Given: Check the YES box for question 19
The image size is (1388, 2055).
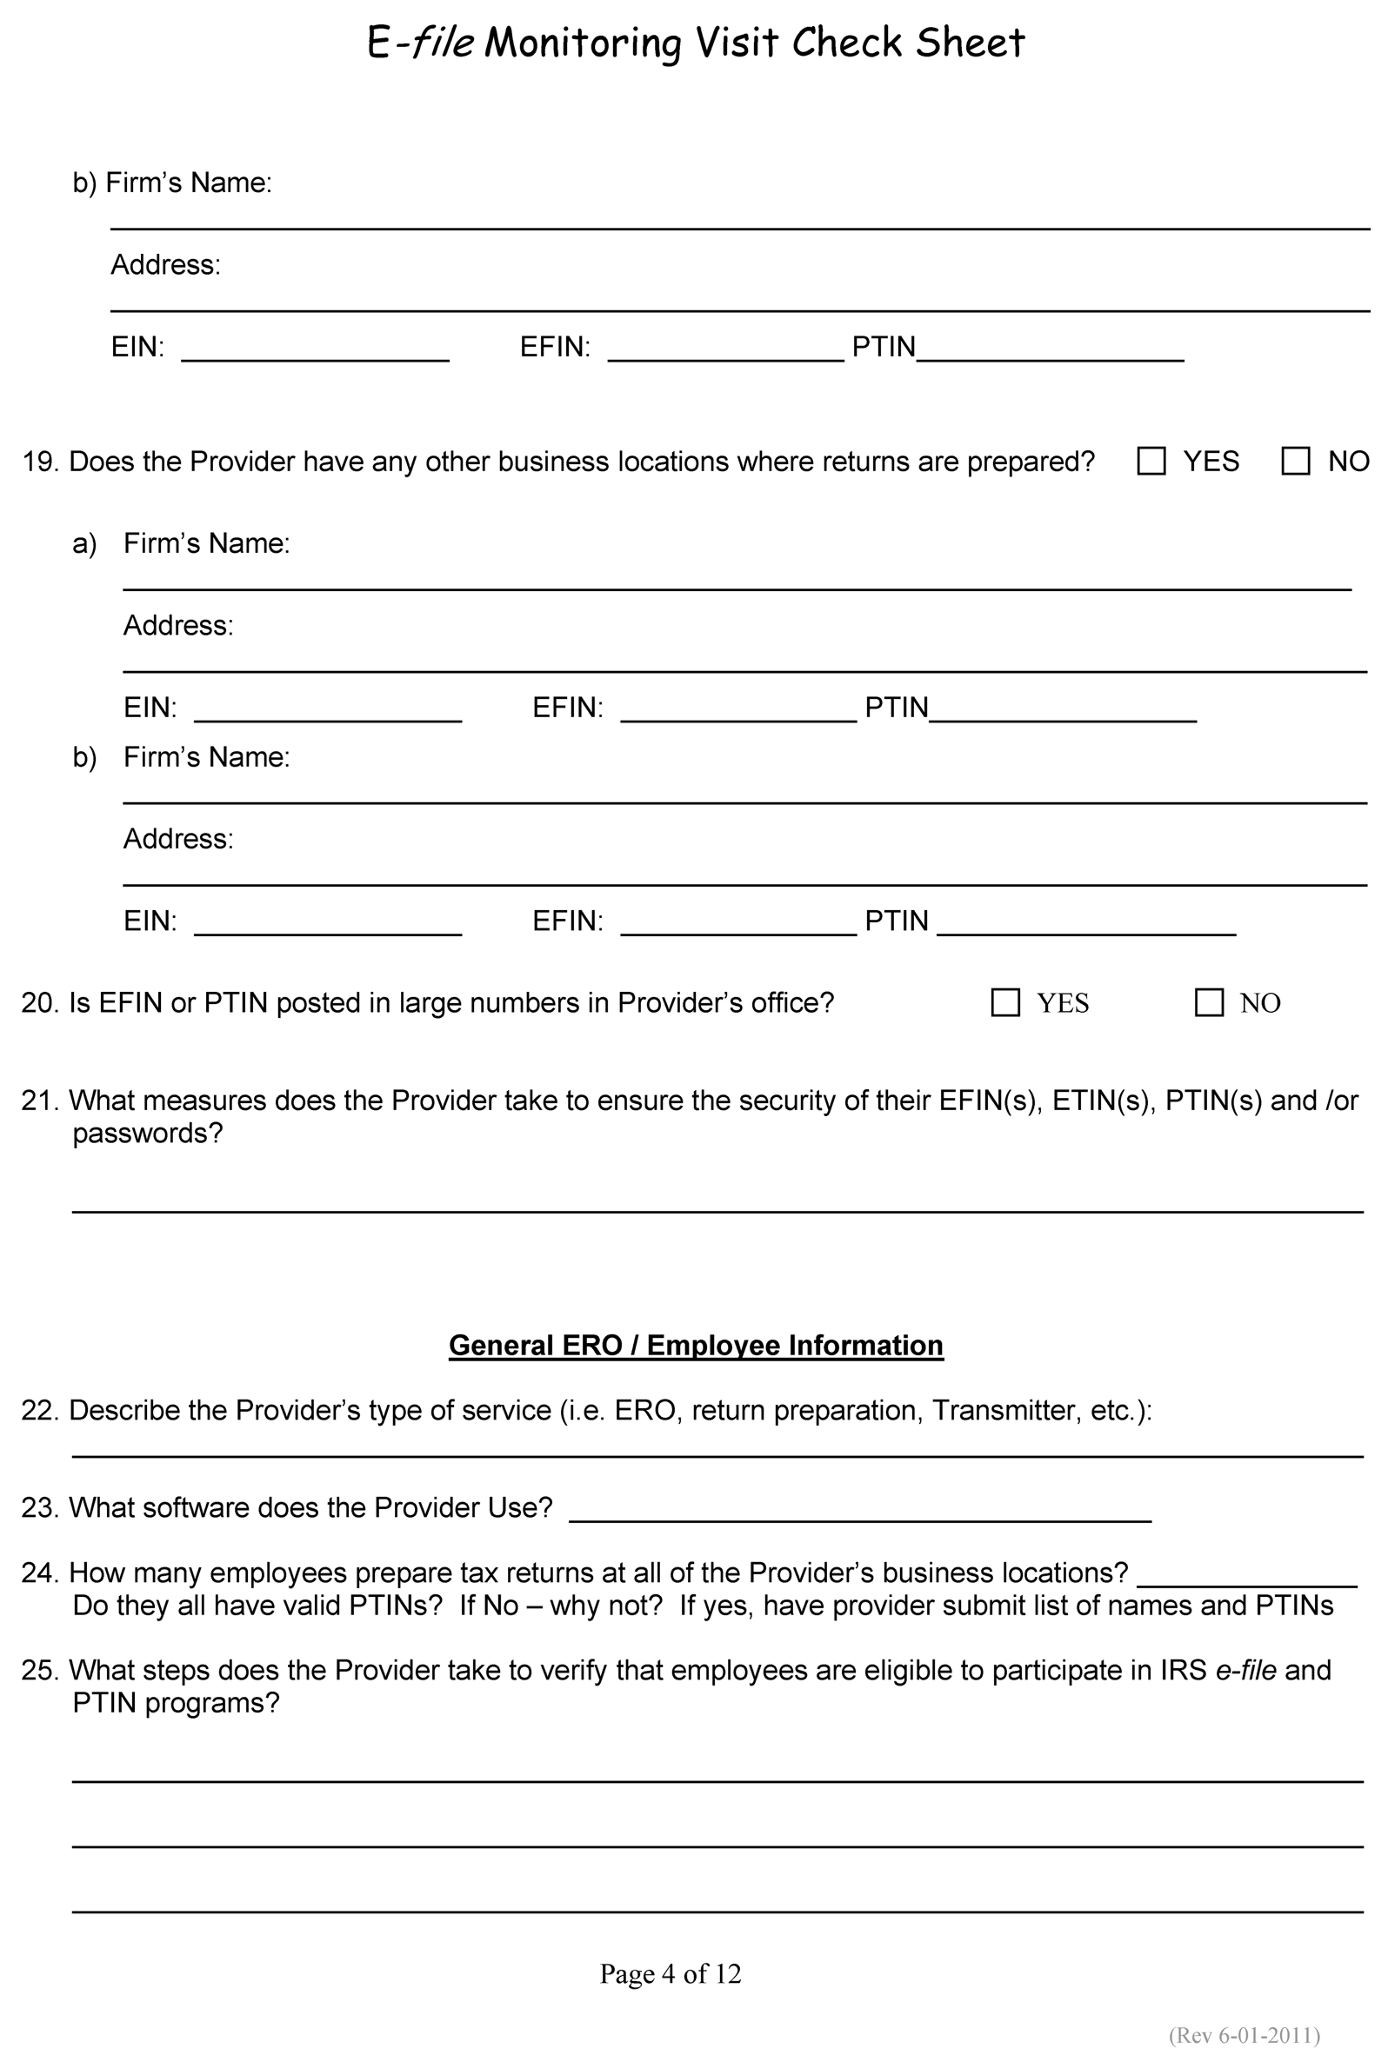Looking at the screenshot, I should point(1150,461).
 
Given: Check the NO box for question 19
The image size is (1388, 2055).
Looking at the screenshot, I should point(1295,461).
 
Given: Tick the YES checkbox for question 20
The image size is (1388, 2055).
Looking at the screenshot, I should point(1005,1002).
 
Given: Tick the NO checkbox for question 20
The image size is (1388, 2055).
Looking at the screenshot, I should point(1209,1002).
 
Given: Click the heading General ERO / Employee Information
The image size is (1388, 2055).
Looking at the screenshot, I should point(696,1345).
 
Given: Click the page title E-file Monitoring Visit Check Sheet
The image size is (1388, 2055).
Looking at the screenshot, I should point(696,43).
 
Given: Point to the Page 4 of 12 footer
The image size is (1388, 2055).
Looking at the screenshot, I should point(671,1973).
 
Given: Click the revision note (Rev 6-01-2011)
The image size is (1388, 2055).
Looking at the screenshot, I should point(1244,2035).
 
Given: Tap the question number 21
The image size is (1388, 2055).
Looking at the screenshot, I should point(39,1100).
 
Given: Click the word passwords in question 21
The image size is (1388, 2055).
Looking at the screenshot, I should point(147,1133).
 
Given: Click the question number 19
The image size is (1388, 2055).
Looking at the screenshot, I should point(39,462).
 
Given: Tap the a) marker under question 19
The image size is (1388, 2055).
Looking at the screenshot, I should point(84,543).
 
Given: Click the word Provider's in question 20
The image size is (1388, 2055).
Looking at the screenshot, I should point(679,1003).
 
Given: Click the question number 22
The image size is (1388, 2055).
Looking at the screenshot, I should point(39,1409).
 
